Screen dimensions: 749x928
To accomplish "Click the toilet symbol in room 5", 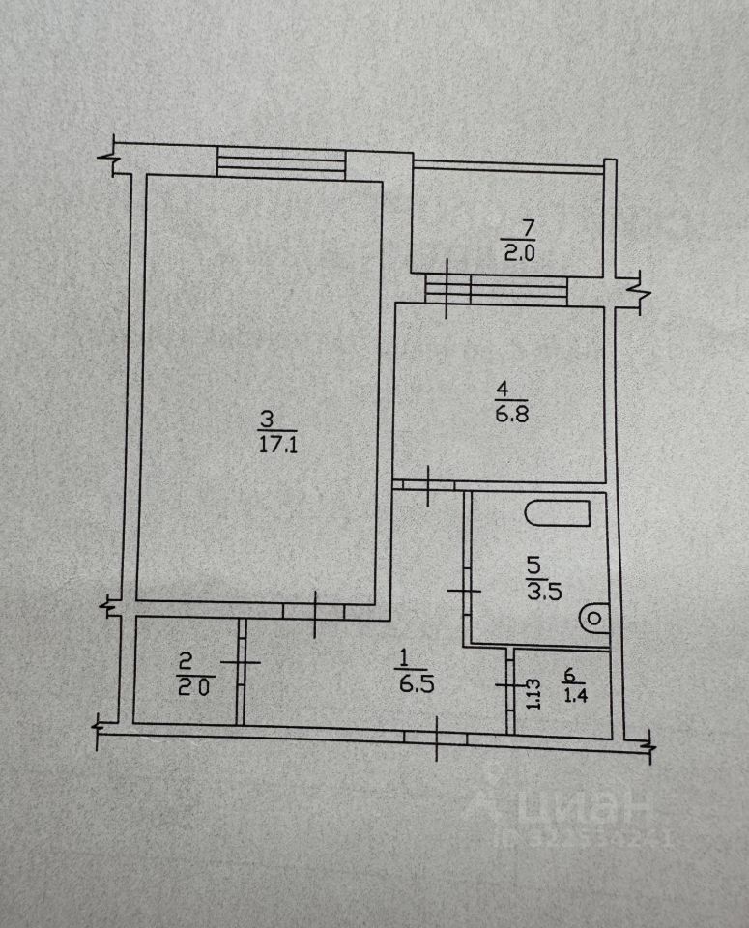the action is coord(595,615).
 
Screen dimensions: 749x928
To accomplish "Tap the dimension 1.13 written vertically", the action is coord(531,693).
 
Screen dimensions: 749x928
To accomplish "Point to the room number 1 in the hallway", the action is coord(400,657).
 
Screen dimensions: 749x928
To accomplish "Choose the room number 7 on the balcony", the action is coord(526,230).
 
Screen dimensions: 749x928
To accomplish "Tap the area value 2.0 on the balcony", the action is coord(518,254).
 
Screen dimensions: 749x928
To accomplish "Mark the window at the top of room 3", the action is coord(281,160).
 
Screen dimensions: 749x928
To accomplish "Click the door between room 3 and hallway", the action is coord(316,612).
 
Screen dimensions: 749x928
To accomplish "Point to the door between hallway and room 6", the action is coord(510,684).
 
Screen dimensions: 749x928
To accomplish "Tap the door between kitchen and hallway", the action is coord(429,482).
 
